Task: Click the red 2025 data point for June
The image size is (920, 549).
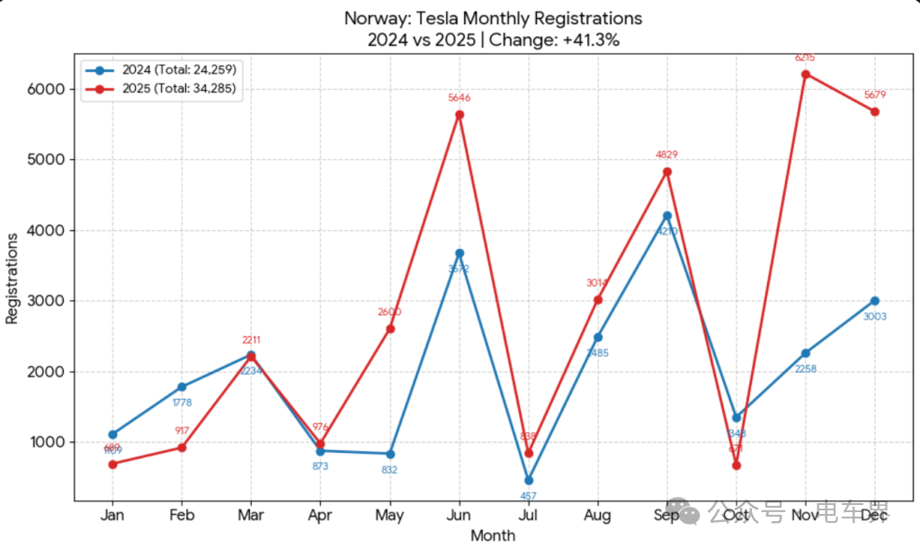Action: point(460,114)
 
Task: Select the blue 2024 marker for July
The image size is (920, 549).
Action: point(529,480)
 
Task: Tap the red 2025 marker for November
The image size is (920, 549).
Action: point(806,74)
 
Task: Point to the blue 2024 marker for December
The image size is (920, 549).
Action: point(875,301)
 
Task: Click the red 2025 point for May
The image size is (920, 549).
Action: point(390,329)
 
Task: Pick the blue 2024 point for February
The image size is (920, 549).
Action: point(183,387)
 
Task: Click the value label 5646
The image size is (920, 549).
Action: point(460,98)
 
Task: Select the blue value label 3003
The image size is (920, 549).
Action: point(875,316)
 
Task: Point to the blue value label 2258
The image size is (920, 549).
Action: point(806,368)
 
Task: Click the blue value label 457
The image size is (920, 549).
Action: point(529,496)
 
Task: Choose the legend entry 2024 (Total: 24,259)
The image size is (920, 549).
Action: point(179,69)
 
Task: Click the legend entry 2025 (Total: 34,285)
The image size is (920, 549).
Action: point(179,89)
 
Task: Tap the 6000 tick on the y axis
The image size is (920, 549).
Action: point(44,89)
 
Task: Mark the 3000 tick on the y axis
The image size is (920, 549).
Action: point(44,301)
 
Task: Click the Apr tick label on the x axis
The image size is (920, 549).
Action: point(320,516)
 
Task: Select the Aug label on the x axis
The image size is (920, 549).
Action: point(598,516)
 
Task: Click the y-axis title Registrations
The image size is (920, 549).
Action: point(13,278)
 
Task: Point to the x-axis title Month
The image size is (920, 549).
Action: point(494,536)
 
